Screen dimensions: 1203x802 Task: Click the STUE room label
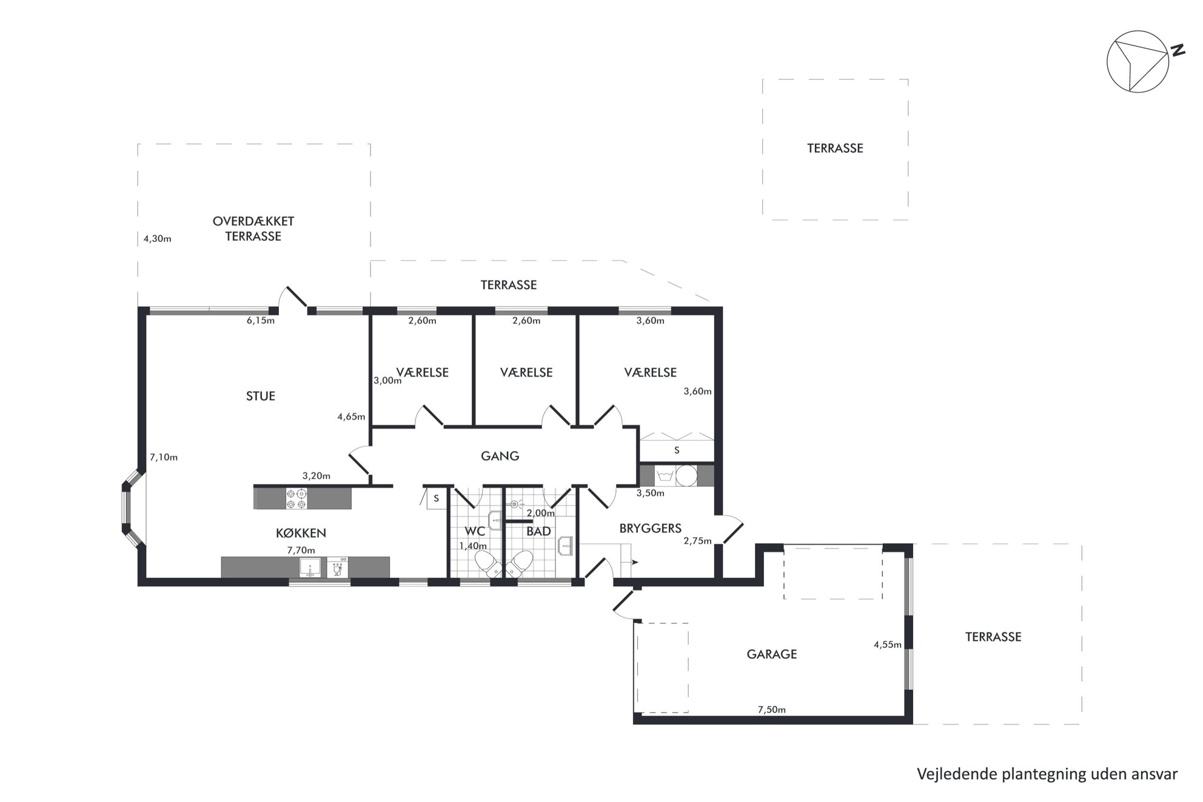(x=261, y=396)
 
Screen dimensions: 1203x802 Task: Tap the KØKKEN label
(x=301, y=533)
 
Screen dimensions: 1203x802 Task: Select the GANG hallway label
(x=500, y=456)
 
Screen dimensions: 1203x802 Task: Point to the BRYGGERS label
(x=651, y=529)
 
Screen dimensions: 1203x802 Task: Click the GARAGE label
(x=772, y=654)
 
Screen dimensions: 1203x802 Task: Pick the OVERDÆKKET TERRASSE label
(x=253, y=229)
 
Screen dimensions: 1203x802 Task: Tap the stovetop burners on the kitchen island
(x=297, y=498)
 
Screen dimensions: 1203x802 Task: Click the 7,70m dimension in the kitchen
(x=301, y=550)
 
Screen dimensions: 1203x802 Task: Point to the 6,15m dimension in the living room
(x=261, y=321)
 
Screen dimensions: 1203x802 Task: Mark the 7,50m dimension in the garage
(x=772, y=710)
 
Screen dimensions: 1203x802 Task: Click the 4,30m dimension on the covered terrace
(x=158, y=239)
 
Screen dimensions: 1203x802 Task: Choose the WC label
(x=475, y=532)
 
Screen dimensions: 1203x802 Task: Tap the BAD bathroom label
(x=538, y=532)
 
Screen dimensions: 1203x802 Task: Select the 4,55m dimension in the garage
(x=888, y=645)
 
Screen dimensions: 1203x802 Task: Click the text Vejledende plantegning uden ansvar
(x=1047, y=774)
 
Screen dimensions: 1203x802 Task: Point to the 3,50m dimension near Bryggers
(x=651, y=493)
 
